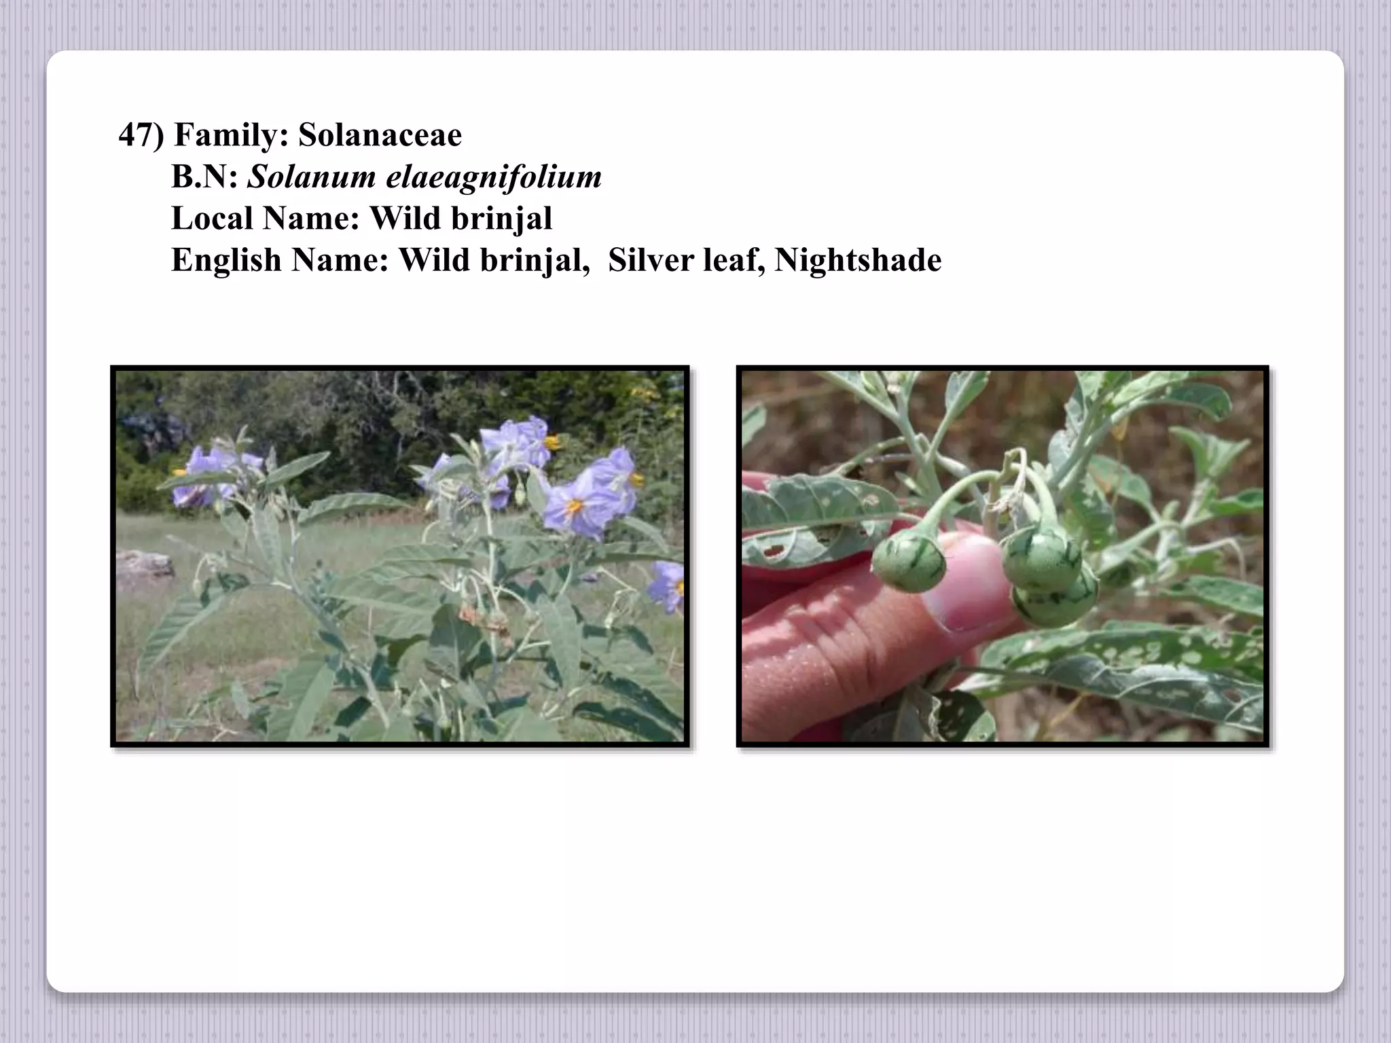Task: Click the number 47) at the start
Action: [x=141, y=135]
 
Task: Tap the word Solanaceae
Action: [x=380, y=135]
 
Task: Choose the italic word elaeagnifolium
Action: [x=494, y=177]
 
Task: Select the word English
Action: [x=226, y=261]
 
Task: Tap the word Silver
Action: [x=650, y=261]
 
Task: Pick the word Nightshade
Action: [x=858, y=261]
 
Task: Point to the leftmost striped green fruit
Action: [x=908, y=560]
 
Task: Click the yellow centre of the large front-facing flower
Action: [x=575, y=506]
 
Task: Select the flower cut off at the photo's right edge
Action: [x=667, y=585]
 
